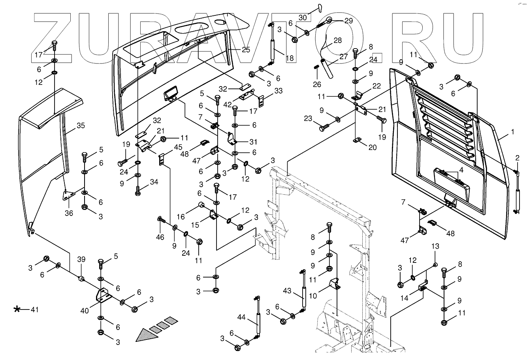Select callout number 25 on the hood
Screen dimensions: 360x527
pos(246,50)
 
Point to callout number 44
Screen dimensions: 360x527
pos(242,317)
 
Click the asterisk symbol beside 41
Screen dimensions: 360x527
pos(17,309)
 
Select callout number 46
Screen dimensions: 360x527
pos(160,237)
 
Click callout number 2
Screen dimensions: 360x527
pos(517,158)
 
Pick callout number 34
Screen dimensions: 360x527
pos(153,182)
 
